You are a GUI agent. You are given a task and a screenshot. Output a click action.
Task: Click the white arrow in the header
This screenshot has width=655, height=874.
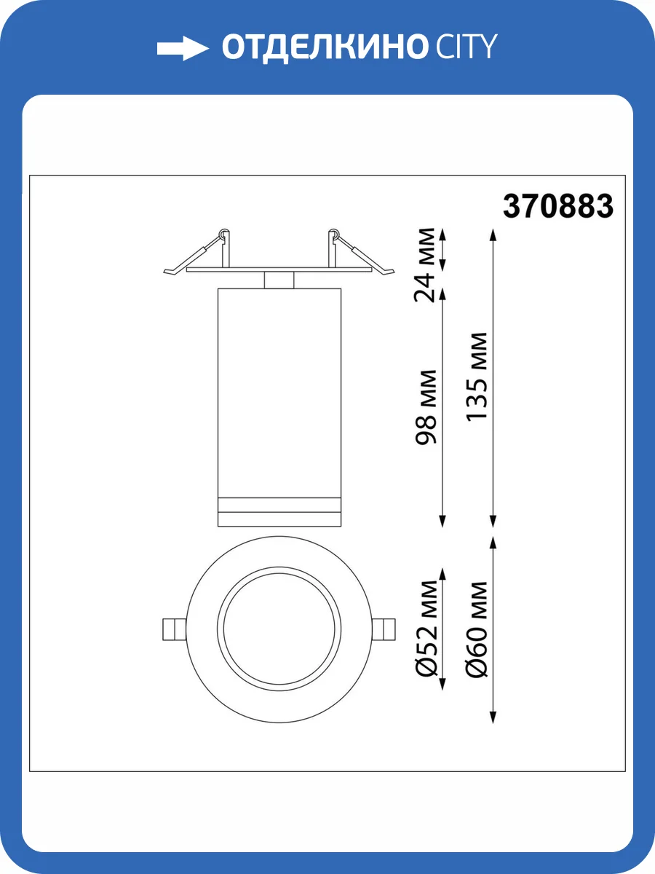pos(183,48)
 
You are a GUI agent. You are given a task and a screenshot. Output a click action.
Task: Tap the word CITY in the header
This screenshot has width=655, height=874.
pos(467,47)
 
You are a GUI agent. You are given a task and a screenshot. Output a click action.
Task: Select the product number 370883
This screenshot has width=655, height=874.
pos(558,206)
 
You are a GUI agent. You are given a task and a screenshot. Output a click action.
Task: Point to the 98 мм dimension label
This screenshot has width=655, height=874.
pos(425,407)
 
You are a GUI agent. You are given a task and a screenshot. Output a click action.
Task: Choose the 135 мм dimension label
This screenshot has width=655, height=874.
pos(476,376)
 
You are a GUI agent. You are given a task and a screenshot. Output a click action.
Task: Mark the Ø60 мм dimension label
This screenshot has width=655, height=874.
pos(477,629)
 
